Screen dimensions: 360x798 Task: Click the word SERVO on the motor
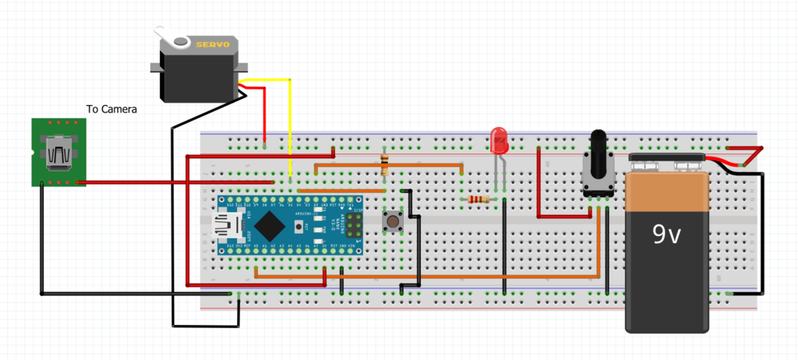[x=212, y=44]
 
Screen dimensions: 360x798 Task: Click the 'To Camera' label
[x=111, y=110]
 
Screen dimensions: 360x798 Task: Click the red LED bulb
[x=499, y=139]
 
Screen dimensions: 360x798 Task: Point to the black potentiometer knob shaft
[x=598, y=148]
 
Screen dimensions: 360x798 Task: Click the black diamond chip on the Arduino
[x=269, y=224]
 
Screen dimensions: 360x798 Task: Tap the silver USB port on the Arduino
[x=228, y=225]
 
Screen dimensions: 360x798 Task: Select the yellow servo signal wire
[x=289, y=125]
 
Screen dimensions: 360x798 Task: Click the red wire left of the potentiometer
[x=538, y=195]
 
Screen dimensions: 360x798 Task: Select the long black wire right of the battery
[x=763, y=234]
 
